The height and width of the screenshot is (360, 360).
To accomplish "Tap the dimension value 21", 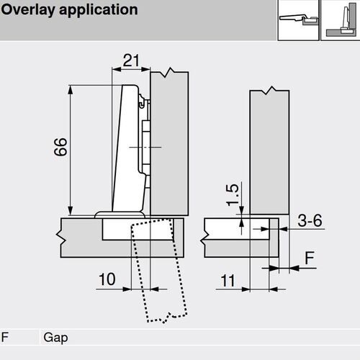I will pyautogui.click(x=130, y=62).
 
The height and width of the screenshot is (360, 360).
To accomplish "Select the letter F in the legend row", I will pyautogui.click(x=6, y=336).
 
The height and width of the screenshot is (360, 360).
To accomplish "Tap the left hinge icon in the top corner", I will pyautogui.click(x=297, y=17).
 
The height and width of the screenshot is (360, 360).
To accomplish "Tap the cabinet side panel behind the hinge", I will pyautogui.click(x=171, y=144).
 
